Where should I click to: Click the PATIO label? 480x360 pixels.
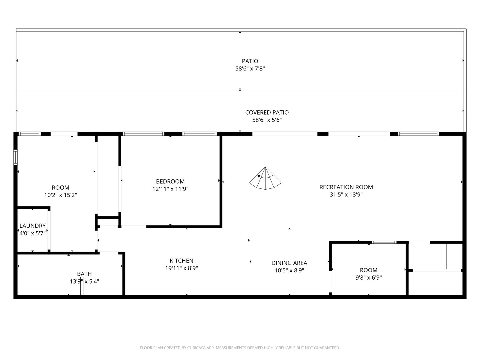tap(250, 61)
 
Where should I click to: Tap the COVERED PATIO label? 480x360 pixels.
tap(267, 112)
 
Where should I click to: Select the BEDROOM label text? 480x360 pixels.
tap(170, 181)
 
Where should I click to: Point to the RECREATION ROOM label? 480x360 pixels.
tap(346, 187)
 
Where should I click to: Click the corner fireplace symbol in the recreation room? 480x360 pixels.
tap(265, 178)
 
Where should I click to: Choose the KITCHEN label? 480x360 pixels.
tap(181, 260)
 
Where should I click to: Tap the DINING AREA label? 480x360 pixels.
tap(289, 263)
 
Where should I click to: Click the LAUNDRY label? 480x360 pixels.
tap(33, 226)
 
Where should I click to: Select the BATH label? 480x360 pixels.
tap(84, 274)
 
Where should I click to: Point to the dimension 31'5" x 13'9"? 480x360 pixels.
tap(346, 194)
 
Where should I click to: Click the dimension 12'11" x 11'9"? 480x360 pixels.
tap(170, 189)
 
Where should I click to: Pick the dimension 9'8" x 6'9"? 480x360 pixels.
tap(368, 277)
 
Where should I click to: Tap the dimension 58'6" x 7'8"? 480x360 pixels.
tap(250, 69)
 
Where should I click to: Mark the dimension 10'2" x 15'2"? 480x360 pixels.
tap(61, 195)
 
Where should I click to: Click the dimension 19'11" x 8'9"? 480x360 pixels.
tap(181, 268)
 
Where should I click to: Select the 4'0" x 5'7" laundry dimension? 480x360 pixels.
tap(33, 233)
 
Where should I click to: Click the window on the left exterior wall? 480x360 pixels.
tap(16, 157)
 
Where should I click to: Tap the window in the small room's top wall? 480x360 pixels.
tap(384, 242)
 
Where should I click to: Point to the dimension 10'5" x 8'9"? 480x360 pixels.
tap(289, 270)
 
